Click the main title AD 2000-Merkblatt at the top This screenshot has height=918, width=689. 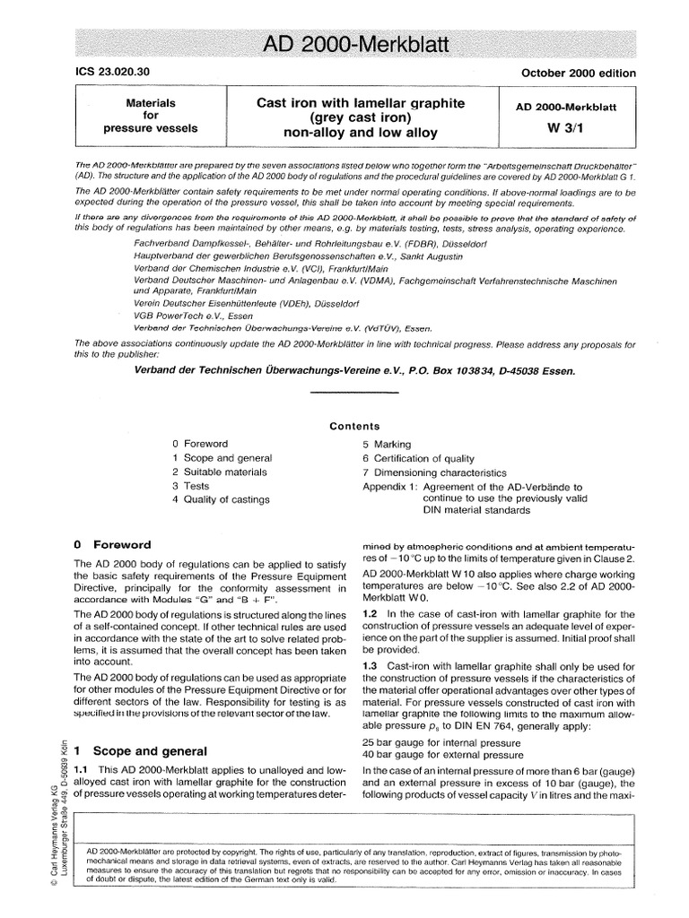[344, 44]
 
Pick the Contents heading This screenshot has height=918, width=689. [354, 426]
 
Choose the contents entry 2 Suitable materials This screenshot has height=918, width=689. [220, 472]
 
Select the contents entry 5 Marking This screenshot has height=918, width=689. [387, 444]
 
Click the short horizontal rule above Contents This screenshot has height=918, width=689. [353, 392]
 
